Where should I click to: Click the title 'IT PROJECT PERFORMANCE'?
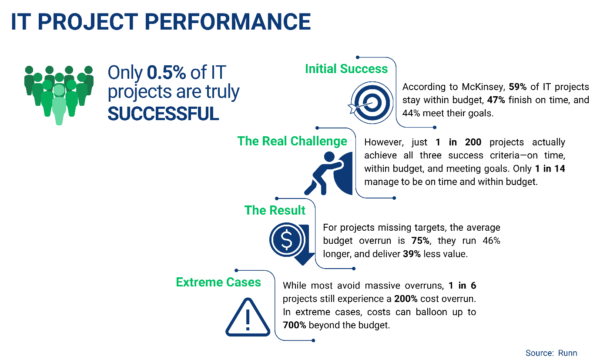tap(161, 22)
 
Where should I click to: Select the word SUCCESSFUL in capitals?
tap(163, 113)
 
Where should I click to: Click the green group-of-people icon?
tap(59, 94)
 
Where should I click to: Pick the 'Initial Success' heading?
tap(346, 69)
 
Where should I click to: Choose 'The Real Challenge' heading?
tap(292, 141)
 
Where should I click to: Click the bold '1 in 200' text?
tap(458, 142)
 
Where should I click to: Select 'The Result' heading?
tap(275, 210)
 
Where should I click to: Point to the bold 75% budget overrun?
tap(420, 241)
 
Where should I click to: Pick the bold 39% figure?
tap(412, 254)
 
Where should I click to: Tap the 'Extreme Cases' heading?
tap(218, 282)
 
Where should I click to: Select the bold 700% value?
tap(294, 325)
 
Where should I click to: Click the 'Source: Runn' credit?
tap(551, 353)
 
